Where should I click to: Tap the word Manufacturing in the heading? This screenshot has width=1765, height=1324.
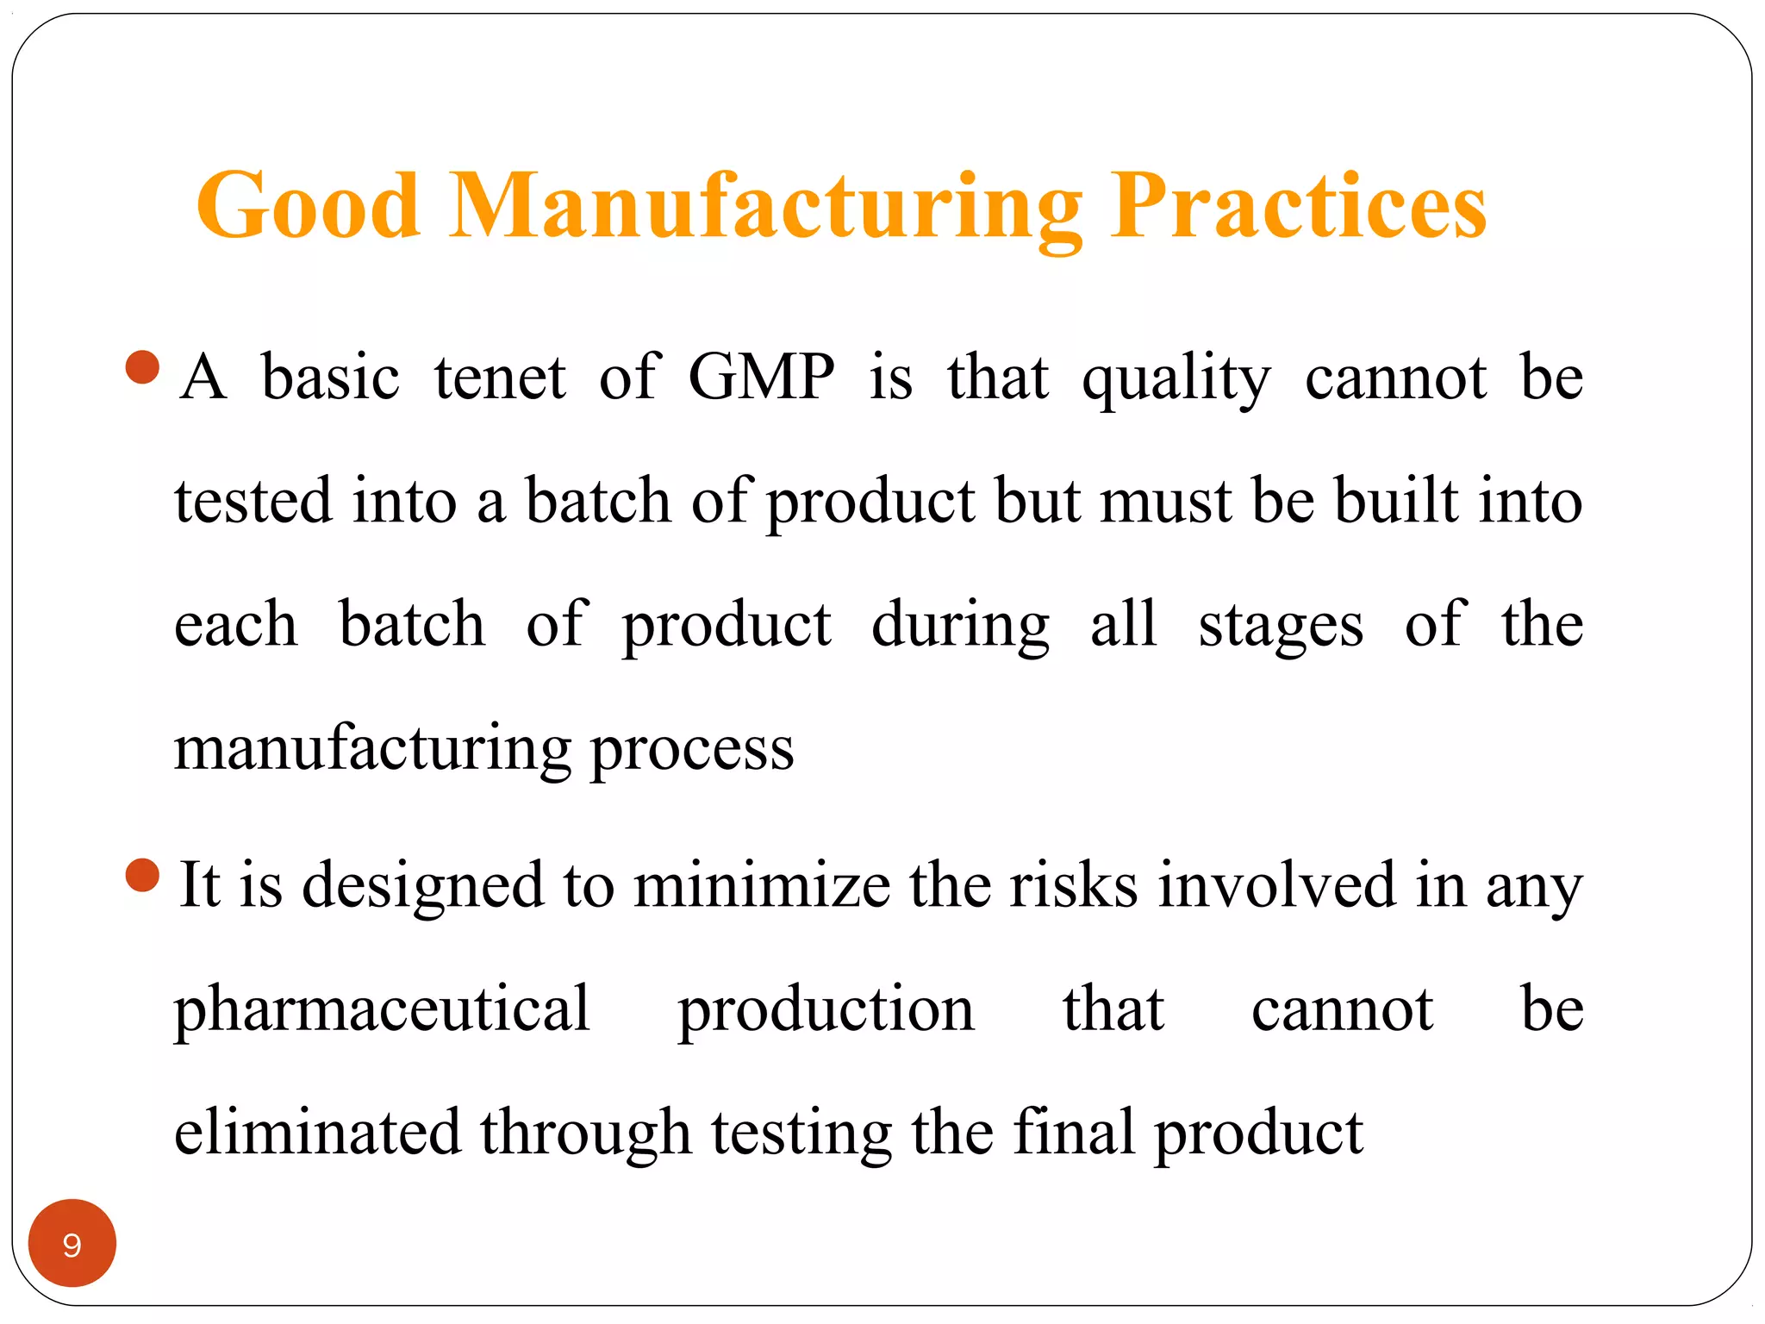point(764,207)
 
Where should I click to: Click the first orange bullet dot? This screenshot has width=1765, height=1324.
point(142,367)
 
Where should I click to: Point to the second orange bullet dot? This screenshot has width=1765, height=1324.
point(142,876)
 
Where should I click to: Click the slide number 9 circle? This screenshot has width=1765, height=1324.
point(72,1243)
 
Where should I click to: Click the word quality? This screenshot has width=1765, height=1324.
point(1176,379)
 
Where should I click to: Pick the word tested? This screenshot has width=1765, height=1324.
point(253,501)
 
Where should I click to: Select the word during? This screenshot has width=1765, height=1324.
point(959,625)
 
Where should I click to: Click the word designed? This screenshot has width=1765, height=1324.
point(422,886)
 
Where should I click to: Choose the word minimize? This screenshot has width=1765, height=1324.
point(761,885)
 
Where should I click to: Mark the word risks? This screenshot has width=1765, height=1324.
point(1073,885)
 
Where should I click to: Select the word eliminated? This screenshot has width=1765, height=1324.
point(317,1133)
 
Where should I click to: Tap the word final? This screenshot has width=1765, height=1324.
point(1073,1131)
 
